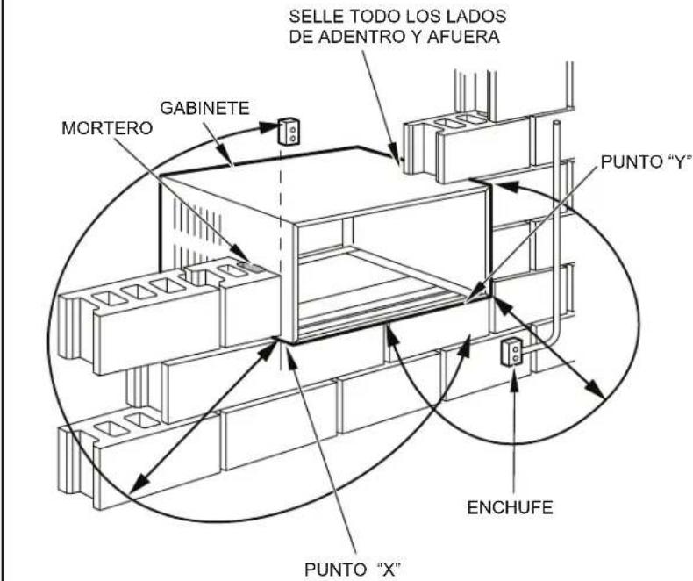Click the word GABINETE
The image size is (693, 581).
pyautogui.click(x=204, y=108)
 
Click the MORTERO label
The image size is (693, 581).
pyautogui.click(x=107, y=128)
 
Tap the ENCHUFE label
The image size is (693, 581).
pyautogui.click(x=510, y=507)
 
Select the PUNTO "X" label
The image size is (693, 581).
pyautogui.click(x=354, y=569)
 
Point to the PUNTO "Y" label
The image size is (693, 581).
pyautogui.click(x=646, y=162)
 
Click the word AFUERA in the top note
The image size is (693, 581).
pyautogui.click(x=463, y=37)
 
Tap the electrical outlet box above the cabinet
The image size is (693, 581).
pyautogui.click(x=289, y=131)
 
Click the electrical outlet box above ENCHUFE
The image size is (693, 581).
pyautogui.click(x=511, y=352)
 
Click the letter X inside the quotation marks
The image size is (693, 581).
pyautogui.click(x=388, y=569)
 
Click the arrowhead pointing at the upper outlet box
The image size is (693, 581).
pyautogui.click(x=268, y=128)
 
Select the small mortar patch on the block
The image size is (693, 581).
pyautogui.click(x=251, y=267)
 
